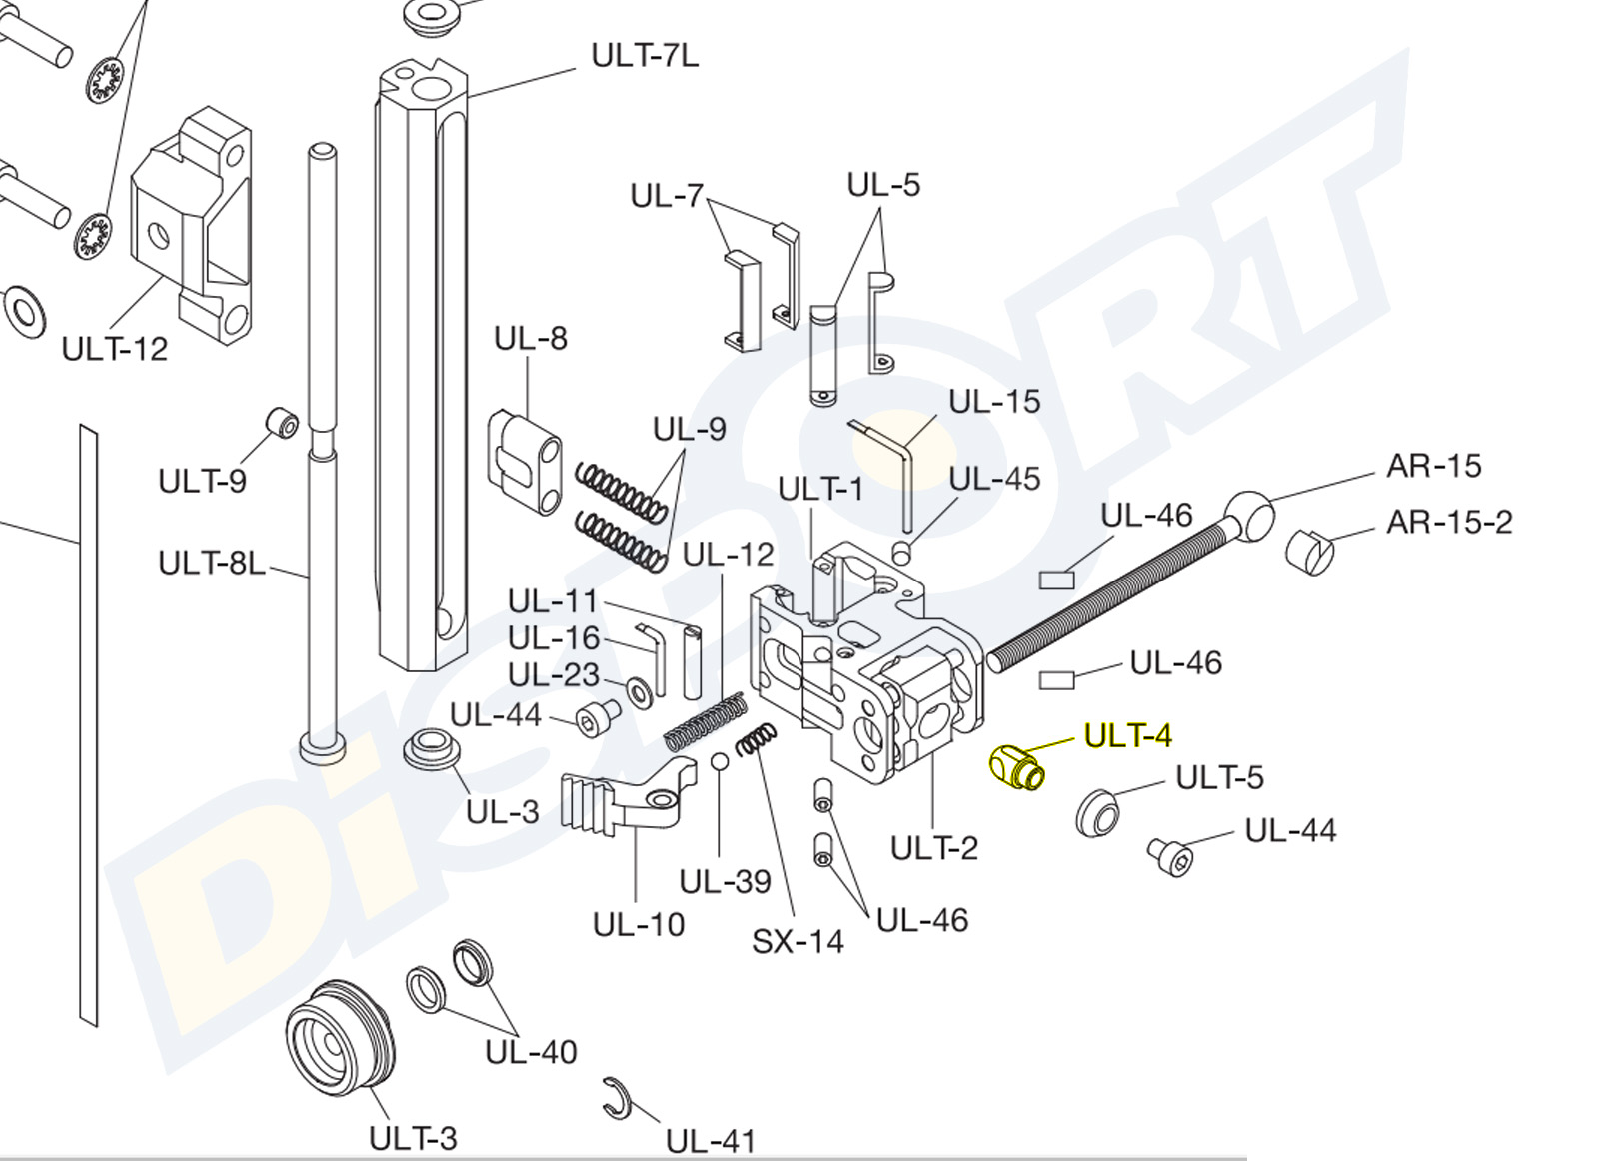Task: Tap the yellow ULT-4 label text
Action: (1127, 736)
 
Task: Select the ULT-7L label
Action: (645, 55)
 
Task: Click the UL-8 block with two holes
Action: (525, 462)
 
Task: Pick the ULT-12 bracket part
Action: (192, 225)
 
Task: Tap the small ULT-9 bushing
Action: (282, 423)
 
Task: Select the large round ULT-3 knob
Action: (340, 1039)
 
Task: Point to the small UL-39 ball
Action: (721, 762)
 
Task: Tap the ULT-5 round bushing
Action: (1096, 811)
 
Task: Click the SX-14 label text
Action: (798, 941)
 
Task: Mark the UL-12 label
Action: (728, 554)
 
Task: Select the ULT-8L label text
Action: (212, 564)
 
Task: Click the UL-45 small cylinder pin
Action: (902, 551)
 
